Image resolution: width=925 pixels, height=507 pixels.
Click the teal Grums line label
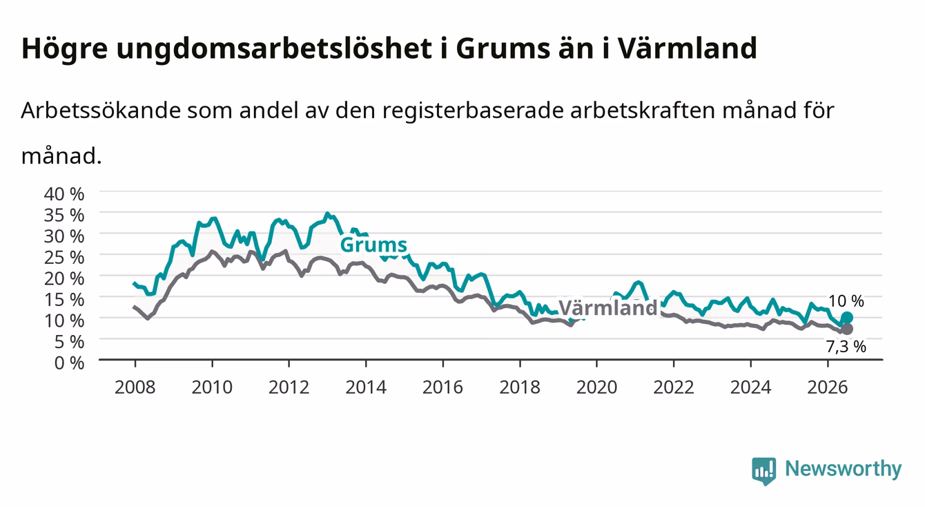373,245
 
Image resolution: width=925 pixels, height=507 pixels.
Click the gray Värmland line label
607,308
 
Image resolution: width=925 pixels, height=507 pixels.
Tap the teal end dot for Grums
846,317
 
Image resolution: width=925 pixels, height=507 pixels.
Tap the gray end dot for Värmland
846,329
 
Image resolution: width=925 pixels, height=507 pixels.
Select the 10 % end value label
846,301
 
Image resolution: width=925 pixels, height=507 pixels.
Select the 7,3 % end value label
846,347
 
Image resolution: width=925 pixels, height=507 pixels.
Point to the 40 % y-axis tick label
64,194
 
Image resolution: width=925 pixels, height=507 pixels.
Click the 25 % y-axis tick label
64,258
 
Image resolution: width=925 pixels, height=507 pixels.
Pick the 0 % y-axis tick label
69,363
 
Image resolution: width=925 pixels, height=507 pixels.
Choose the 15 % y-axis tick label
64,300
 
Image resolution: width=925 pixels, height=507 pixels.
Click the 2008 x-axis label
135,388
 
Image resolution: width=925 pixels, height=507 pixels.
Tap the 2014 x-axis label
366,388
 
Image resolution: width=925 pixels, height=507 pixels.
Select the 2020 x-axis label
596,388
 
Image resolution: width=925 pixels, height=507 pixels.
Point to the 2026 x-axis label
828,388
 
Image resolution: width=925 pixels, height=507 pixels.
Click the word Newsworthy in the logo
844,469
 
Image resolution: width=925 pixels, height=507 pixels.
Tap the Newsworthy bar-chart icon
764,471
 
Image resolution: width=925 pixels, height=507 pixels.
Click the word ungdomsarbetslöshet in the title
274,49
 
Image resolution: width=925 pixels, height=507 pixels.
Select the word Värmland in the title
687,48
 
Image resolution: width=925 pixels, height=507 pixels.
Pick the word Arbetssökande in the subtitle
101,111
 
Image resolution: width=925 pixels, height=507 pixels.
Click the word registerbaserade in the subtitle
473,111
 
